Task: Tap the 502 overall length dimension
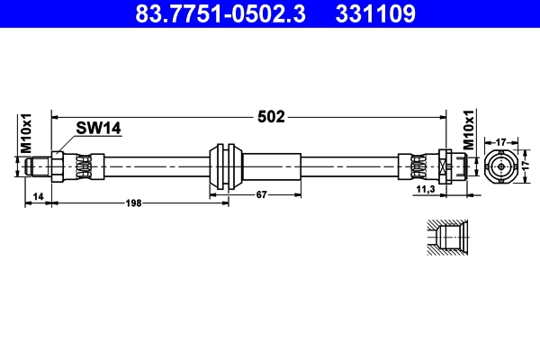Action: tap(272, 116)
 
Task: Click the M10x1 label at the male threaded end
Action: tap(26, 133)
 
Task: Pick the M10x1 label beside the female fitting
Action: tap(468, 130)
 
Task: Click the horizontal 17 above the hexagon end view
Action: tap(501, 140)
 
